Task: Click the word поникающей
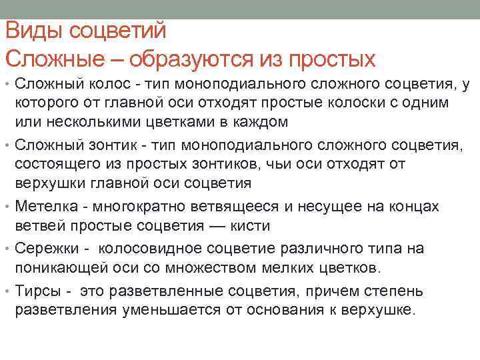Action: [x=55, y=268]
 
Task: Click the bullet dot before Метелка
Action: [x=7, y=207]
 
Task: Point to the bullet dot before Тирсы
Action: [x=7, y=291]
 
